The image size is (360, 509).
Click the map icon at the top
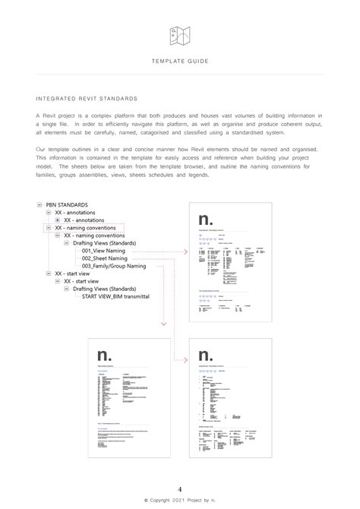(x=180, y=33)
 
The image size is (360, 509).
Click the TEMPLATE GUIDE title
(x=180, y=60)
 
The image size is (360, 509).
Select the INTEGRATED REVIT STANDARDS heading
(x=87, y=99)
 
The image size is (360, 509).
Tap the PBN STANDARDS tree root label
(x=67, y=204)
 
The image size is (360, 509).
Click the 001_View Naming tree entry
(x=106, y=250)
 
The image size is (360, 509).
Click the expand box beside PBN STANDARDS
(x=39, y=204)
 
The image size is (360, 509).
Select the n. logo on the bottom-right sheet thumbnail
(x=206, y=356)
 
